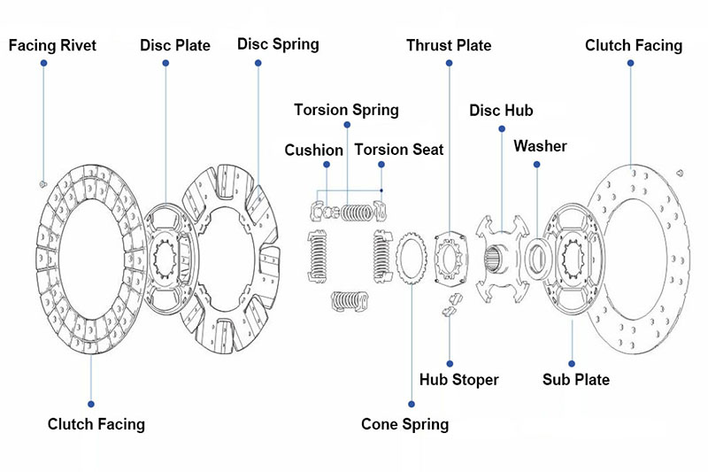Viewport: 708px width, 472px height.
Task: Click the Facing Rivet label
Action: pos(52,45)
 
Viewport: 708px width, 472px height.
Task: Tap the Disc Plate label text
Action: pos(175,45)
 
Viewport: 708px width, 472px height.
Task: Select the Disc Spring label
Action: pos(278,43)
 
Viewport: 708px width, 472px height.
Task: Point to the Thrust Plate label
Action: pos(449,44)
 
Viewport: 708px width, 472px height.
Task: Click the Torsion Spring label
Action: pos(346,110)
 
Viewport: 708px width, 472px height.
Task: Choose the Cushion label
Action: pos(313,150)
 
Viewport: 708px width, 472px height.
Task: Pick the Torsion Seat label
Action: pos(399,150)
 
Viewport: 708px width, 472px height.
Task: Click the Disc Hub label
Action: pos(501,110)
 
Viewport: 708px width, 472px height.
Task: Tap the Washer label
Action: pos(540,145)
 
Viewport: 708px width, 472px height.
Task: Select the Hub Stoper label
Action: pos(458,379)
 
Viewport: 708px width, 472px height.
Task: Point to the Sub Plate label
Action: pos(575,379)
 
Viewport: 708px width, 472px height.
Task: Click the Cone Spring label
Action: pos(404,424)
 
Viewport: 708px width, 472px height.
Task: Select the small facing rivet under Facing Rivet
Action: pos(43,182)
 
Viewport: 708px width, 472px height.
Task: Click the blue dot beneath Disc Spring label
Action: pos(259,62)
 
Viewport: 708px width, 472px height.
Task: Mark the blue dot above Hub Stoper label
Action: pos(449,361)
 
